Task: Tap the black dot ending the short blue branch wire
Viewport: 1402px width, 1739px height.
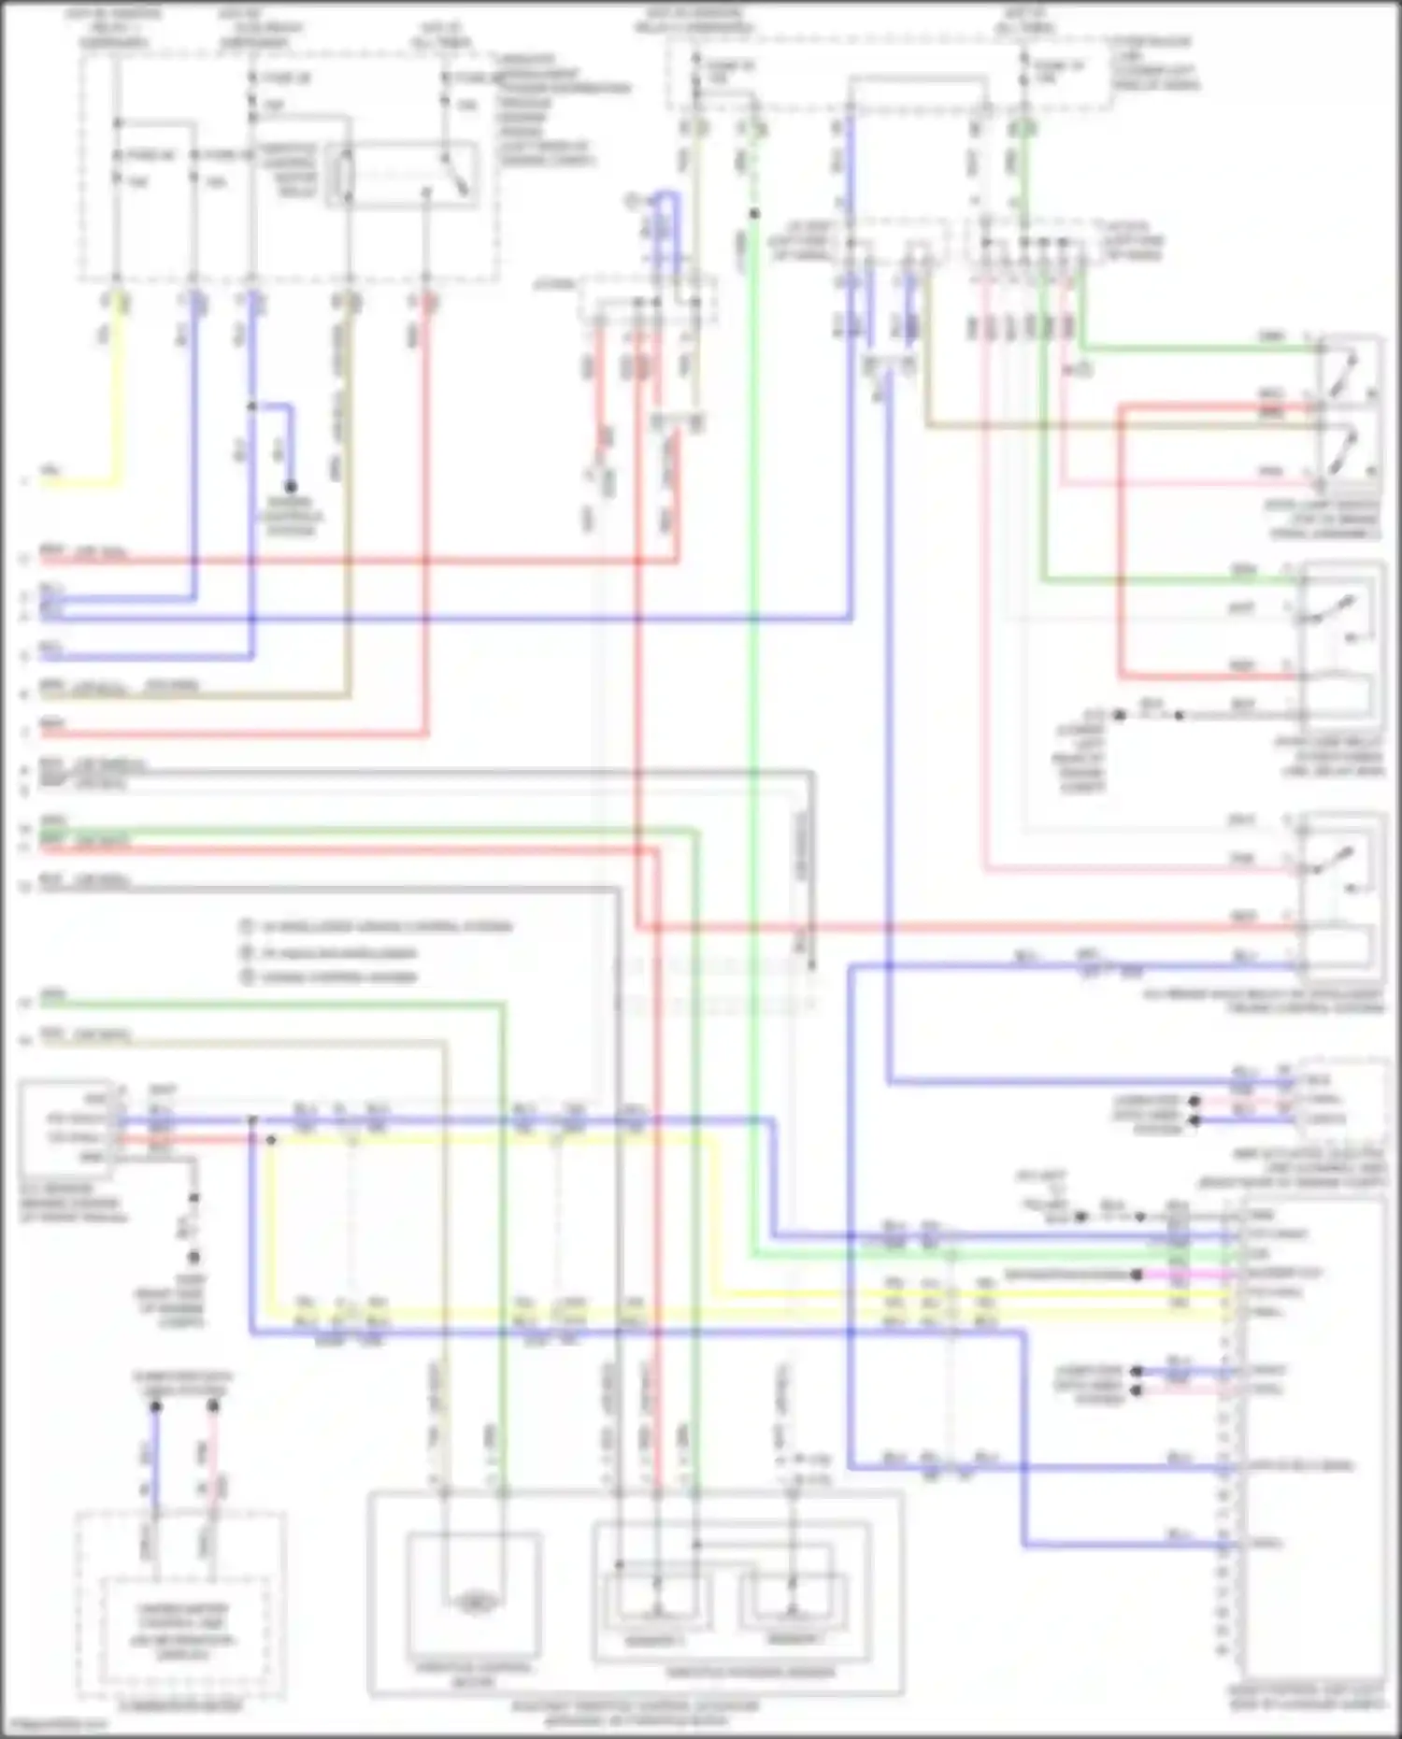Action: tap(291, 486)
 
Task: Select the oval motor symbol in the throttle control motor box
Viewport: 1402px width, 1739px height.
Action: tap(475, 1603)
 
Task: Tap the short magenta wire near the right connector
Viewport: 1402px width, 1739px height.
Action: tap(1187, 1274)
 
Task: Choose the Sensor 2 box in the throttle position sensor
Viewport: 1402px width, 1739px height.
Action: tap(793, 1604)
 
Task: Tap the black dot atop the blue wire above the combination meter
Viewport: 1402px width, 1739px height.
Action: tap(156, 1406)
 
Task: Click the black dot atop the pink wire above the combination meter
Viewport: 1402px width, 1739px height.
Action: tap(213, 1406)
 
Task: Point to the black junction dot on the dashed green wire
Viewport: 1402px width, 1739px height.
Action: tap(754, 214)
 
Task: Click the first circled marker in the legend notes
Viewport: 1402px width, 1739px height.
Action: tap(247, 927)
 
